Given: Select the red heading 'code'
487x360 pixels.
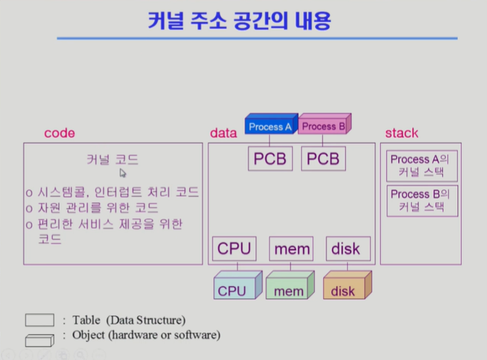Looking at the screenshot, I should pos(59,133).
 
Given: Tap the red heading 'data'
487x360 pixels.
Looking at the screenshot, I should pos(223,133).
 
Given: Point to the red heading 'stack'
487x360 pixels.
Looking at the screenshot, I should pos(401,133).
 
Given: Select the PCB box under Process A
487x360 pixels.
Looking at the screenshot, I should pos(270,159).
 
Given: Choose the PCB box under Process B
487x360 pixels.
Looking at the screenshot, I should pos(323,159).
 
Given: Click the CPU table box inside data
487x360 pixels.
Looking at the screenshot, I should pos(234,248).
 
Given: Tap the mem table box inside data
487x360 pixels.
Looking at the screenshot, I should pos(291,248).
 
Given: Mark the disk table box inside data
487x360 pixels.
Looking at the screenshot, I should pos(346,248).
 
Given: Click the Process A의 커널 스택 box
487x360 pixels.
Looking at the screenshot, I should pos(422,165).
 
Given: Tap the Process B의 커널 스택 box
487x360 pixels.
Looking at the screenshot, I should pos(422,201).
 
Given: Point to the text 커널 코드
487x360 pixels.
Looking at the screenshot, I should pos(112,160).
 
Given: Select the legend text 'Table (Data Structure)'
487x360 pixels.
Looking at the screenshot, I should pos(129,320).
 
